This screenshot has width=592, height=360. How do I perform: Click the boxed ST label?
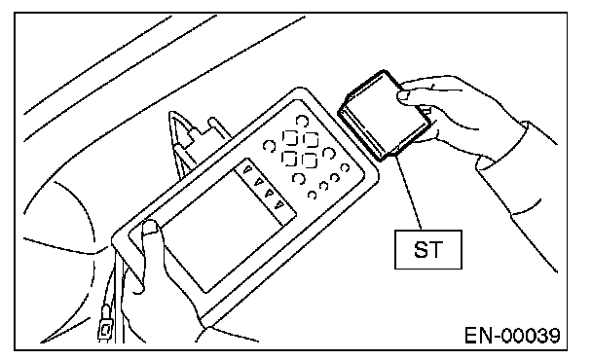click(x=428, y=249)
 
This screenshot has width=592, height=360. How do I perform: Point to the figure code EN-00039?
click(x=512, y=336)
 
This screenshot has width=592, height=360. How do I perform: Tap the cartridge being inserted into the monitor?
click(x=385, y=116)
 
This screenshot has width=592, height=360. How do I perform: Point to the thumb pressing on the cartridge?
click(x=406, y=96)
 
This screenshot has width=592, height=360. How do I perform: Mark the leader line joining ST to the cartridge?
click(x=409, y=193)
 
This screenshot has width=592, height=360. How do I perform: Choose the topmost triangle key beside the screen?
click(x=247, y=169)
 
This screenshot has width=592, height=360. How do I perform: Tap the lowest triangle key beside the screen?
click(x=279, y=205)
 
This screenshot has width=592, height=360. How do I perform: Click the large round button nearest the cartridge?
click(x=302, y=121)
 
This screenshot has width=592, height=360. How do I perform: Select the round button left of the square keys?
click(x=269, y=146)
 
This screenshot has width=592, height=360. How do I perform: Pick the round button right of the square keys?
click(x=329, y=153)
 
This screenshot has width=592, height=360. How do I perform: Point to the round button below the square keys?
click(x=298, y=178)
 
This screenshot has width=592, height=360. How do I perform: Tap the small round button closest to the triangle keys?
click(x=312, y=195)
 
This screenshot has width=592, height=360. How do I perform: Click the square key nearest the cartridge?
click(x=311, y=140)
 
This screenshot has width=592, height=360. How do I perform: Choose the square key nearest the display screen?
click(x=289, y=159)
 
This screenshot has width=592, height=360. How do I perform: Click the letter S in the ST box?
click(x=422, y=249)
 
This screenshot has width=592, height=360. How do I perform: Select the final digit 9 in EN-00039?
click(x=554, y=336)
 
